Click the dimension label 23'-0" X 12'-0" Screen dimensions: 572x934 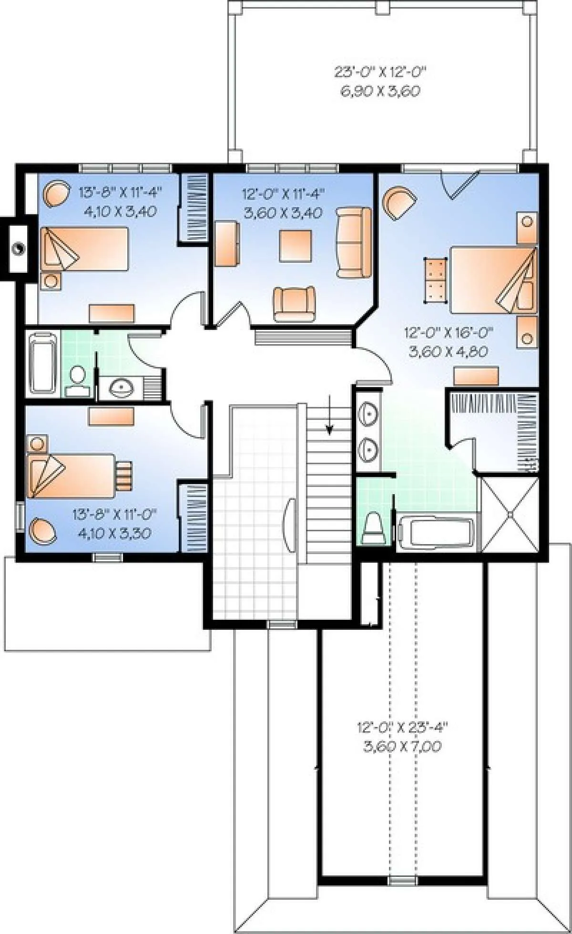point(379,72)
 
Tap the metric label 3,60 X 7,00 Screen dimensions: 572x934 point(402,746)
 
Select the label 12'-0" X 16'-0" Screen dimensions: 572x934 point(449,332)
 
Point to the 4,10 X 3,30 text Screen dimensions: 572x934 point(114,533)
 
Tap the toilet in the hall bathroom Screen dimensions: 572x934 point(77,381)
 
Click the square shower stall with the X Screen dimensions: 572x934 point(510,514)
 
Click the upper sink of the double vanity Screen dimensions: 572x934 point(368,412)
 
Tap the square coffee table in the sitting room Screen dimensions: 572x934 point(296,246)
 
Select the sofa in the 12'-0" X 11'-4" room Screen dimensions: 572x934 point(354,242)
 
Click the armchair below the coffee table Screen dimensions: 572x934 point(294,303)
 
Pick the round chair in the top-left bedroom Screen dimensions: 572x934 point(57,193)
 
